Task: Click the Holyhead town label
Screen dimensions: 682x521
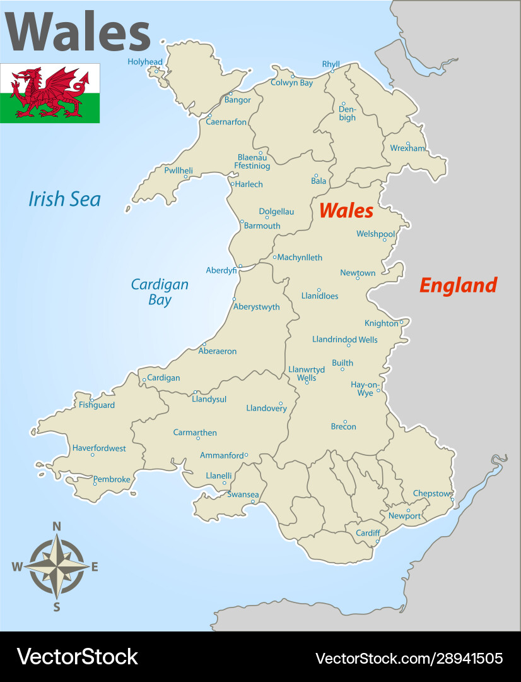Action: click(145, 62)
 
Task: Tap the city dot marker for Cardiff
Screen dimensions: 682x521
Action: click(377, 541)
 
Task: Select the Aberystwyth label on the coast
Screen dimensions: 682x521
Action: click(256, 307)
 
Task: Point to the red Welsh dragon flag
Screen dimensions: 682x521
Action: click(50, 93)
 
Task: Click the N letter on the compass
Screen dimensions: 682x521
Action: click(56, 526)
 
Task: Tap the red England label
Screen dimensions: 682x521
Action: click(458, 285)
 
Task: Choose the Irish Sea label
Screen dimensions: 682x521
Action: click(64, 200)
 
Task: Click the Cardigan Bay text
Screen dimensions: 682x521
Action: click(160, 292)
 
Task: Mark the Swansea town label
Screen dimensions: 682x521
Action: click(243, 494)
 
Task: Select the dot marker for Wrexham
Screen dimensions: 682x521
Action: click(407, 143)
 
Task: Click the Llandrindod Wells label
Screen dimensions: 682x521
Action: click(345, 340)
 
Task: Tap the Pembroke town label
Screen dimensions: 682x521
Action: click(112, 479)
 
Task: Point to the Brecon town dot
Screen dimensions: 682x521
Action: click(345, 421)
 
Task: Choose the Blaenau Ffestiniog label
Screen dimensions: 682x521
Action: click(252, 161)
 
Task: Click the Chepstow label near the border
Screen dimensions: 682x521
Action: click(432, 493)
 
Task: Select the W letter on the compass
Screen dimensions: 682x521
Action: click(17, 567)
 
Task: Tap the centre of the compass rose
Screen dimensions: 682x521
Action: click(57, 566)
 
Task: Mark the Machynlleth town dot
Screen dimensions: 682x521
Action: click(274, 257)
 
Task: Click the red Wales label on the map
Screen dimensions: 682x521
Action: click(346, 210)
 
